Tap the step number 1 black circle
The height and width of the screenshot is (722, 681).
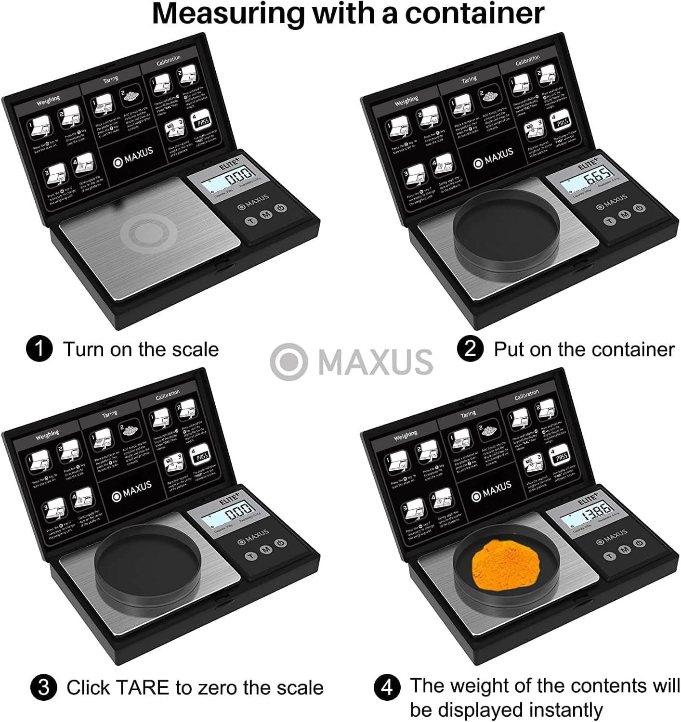click(x=39, y=349)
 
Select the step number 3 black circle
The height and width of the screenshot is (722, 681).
click(x=43, y=687)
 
